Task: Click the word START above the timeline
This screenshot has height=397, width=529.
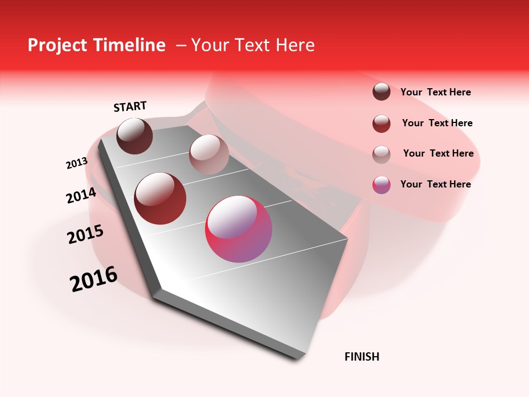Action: tap(130, 106)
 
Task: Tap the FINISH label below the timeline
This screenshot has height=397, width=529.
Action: tap(362, 357)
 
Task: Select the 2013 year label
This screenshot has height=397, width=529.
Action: tap(77, 163)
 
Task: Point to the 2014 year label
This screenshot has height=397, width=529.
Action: tap(81, 196)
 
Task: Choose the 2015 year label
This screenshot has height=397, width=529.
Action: tap(85, 234)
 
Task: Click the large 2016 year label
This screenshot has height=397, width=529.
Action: tap(94, 279)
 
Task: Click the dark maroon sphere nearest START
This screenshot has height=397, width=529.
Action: tap(135, 136)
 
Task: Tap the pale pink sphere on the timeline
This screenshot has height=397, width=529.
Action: tap(209, 154)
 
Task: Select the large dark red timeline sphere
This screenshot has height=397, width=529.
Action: tap(160, 198)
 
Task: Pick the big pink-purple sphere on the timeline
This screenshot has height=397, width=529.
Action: tap(239, 229)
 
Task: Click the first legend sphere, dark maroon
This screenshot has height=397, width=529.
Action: tap(381, 92)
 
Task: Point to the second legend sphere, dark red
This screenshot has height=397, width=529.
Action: tap(381, 124)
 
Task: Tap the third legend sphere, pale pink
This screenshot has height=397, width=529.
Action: tap(381, 154)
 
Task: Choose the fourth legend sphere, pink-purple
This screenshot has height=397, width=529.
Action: tap(381, 185)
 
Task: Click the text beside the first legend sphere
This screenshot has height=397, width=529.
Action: tap(435, 92)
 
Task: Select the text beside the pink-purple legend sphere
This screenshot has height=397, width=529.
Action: tap(435, 184)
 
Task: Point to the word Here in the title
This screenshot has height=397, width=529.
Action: tap(295, 45)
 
